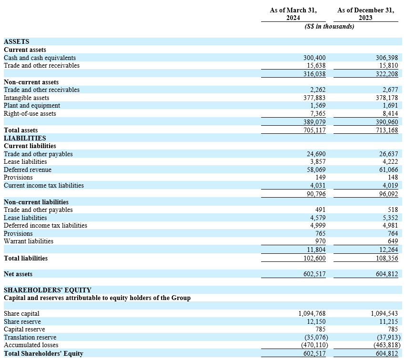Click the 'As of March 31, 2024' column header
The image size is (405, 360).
click(x=293, y=14)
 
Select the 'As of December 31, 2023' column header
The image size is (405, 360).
click(x=365, y=14)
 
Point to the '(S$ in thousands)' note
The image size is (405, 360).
click(x=329, y=27)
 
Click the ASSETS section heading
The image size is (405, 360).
click(x=16, y=42)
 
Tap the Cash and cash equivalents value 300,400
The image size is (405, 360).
click(x=314, y=58)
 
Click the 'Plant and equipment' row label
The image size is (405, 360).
click(x=32, y=105)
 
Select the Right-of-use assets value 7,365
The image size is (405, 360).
click(x=317, y=113)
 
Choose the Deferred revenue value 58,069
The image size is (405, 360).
click(x=316, y=170)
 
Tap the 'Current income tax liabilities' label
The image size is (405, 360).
click(x=44, y=185)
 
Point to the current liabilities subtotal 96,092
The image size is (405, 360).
click(x=388, y=194)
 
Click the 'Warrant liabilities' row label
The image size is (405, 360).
click(x=29, y=241)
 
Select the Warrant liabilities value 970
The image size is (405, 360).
click(x=320, y=241)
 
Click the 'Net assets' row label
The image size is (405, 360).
click(x=19, y=274)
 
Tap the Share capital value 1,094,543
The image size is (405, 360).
click(x=384, y=314)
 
